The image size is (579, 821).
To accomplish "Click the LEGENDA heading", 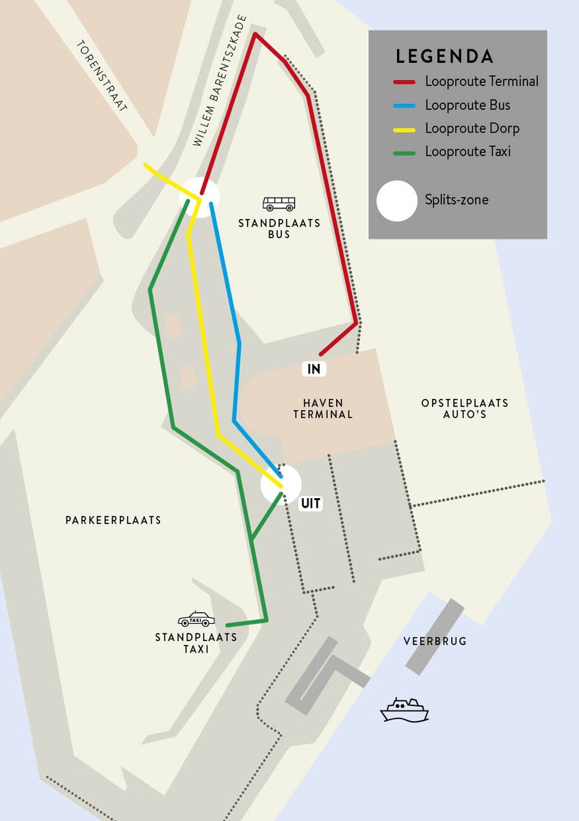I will tap(444, 56).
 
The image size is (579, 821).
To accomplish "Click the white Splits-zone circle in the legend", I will tap(397, 201).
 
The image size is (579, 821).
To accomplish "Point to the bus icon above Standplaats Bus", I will tap(279, 204).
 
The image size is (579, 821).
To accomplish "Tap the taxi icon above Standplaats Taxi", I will tap(196, 619).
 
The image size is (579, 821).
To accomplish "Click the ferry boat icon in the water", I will tap(404, 709).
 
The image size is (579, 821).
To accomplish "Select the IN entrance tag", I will tap(314, 369).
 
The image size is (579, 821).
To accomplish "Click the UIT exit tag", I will tap(311, 504).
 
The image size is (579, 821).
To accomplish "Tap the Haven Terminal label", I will tap(323, 408).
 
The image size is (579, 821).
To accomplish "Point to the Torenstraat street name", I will tap(102, 75).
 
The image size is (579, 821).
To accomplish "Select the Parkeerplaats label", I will tap(114, 520).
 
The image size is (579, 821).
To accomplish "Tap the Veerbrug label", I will tap(435, 641).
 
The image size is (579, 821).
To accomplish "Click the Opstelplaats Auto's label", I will tap(465, 408).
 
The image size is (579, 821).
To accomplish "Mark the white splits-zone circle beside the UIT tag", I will tap(281, 483).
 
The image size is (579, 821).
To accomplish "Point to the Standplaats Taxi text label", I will tap(196, 643).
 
